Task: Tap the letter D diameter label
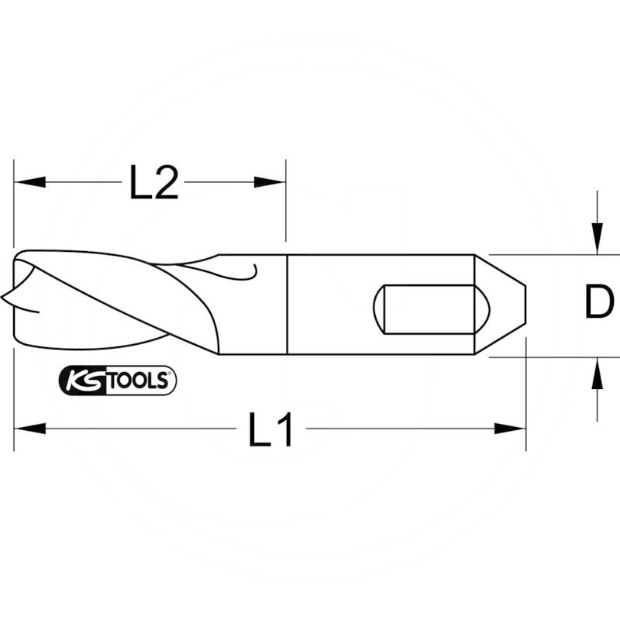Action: point(598,302)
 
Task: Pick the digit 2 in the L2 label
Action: point(167,184)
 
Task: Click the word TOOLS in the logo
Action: point(140,381)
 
